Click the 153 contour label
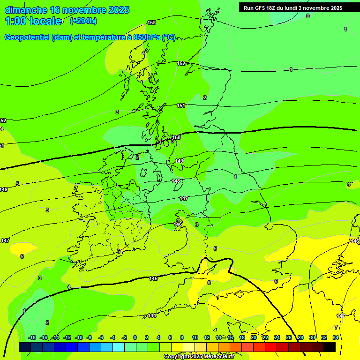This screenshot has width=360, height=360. [x=151, y=22]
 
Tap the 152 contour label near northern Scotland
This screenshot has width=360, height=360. [x=181, y=63]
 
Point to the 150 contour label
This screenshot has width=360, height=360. [x=177, y=137]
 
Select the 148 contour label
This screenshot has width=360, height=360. [x=176, y=181]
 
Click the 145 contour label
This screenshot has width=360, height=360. [x=153, y=278]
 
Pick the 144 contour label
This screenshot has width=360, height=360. [x=152, y=315]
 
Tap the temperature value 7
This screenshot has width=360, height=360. [x=336, y=327]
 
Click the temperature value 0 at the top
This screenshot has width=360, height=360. [x=308, y=16]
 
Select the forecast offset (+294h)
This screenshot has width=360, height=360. [x=83, y=21]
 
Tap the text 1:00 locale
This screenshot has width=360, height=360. [x=33, y=21]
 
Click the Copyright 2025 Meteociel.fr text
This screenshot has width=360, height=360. [x=199, y=357]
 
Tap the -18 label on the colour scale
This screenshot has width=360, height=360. [x=32, y=337]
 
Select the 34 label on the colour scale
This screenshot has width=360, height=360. [x=336, y=337]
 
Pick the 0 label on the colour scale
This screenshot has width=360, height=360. [x=135, y=337]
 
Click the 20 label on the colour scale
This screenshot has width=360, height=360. [x=254, y=337]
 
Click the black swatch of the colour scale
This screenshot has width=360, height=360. [x=330, y=347]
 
